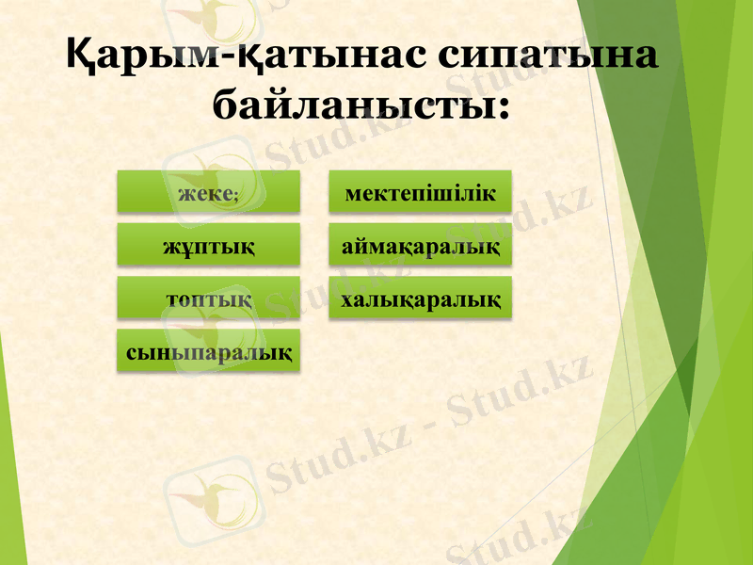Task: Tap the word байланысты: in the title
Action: pyautogui.click(x=360, y=102)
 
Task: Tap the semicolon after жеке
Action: pyautogui.click(x=236, y=195)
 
